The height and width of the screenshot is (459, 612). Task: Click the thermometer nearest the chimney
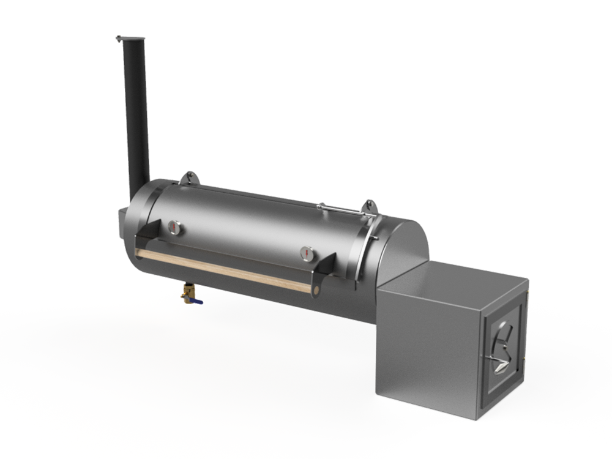click(174, 227)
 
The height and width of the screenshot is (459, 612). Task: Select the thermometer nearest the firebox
click(307, 252)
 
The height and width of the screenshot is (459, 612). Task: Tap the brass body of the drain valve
click(185, 296)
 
